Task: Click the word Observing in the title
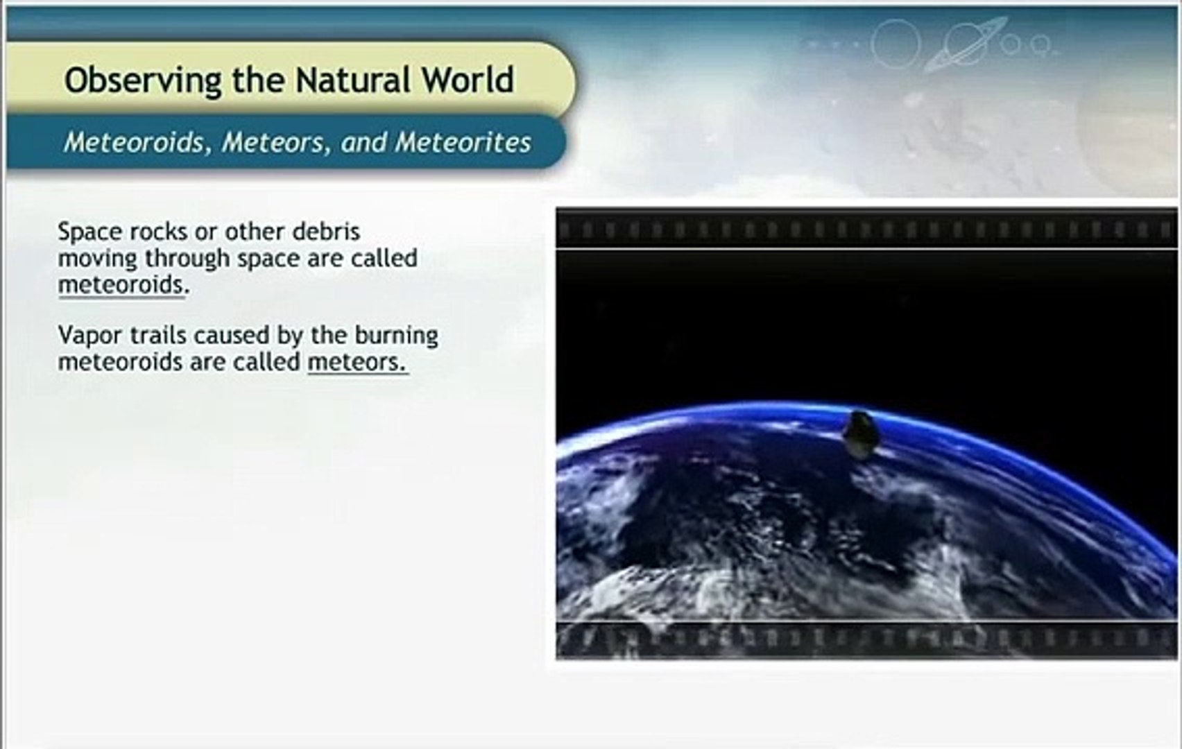point(142,80)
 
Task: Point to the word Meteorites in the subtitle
point(463,142)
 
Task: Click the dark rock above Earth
point(859,434)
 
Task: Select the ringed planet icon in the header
point(966,44)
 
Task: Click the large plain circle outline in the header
point(896,44)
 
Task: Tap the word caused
point(232,336)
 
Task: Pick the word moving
point(98,259)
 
